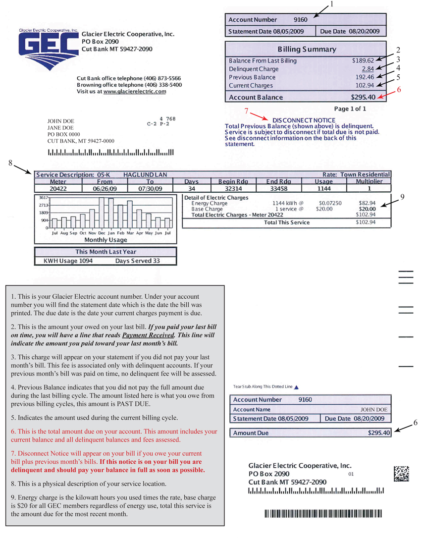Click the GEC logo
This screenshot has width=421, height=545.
[49, 49]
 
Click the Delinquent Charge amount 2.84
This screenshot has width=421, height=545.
[368, 69]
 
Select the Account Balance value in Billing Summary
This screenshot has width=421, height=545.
[363, 97]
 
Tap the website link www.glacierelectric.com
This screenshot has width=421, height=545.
[135, 92]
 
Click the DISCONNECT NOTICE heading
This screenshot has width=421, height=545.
[304, 120]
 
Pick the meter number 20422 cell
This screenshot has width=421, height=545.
[58, 188]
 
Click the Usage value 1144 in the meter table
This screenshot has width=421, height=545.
[324, 188]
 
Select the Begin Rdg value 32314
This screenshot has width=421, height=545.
[233, 188]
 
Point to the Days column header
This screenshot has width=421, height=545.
[191, 181]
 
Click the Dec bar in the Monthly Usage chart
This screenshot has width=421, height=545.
[102, 213]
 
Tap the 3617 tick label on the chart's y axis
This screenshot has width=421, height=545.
[44, 197]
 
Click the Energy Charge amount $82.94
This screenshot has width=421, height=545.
[367, 203]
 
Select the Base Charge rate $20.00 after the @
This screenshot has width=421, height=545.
[324, 209]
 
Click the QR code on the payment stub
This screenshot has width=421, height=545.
[401, 473]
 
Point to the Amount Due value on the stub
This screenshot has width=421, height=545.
[379, 433]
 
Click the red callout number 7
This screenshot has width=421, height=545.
[246, 111]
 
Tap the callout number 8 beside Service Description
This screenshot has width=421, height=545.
[10, 163]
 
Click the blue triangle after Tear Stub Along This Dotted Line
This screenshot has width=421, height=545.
[296, 387]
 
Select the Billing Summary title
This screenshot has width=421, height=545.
[307, 50]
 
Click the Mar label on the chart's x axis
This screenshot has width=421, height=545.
[130, 233]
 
